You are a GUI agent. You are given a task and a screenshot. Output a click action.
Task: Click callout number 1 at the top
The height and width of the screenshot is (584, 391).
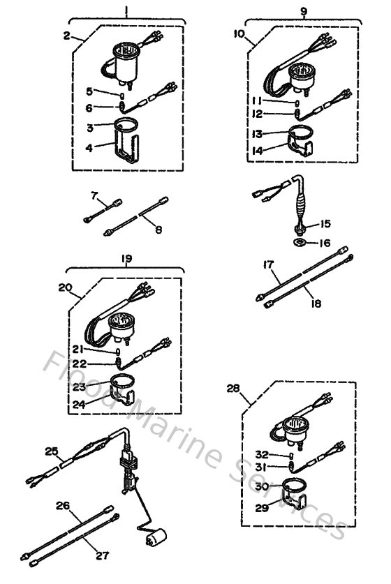tap(126, 10)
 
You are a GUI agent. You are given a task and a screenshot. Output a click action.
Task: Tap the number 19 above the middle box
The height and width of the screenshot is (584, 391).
tap(127, 258)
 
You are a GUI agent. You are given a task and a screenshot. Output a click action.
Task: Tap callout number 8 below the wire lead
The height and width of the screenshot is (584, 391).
tap(158, 229)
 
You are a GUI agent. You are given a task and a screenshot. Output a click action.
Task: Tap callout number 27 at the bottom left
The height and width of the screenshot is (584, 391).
tap(103, 556)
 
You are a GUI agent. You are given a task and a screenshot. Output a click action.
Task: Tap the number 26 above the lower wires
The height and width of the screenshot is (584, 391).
tap(64, 505)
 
